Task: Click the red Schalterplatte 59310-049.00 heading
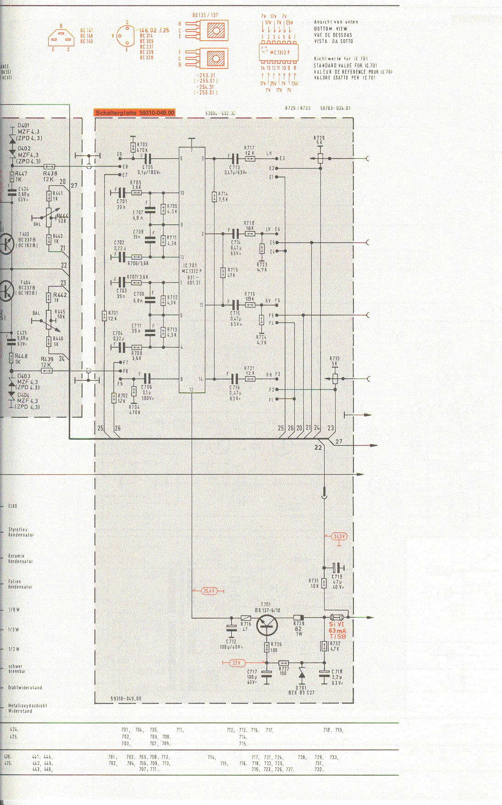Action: (x=135, y=112)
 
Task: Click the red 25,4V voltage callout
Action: (x=209, y=591)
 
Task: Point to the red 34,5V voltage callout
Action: (x=339, y=536)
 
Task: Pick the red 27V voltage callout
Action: (x=236, y=662)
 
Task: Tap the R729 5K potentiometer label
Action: (x=319, y=140)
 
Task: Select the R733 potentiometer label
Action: (x=334, y=361)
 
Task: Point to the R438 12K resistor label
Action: (x=50, y=176)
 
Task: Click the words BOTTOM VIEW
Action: (x=331, y=28)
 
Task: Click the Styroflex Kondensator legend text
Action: (x=21, y=532)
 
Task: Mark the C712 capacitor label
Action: (x=231, y=644)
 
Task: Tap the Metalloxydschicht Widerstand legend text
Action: (x=27, y=708)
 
